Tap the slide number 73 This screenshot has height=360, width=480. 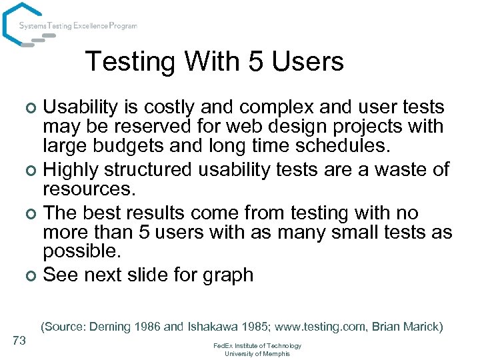(x=19, y=341)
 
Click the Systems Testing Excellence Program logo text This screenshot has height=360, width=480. (x=78, y=26)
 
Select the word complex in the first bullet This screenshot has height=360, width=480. (x=276, y=107)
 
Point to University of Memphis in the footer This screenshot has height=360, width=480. (x=257, y=353)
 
